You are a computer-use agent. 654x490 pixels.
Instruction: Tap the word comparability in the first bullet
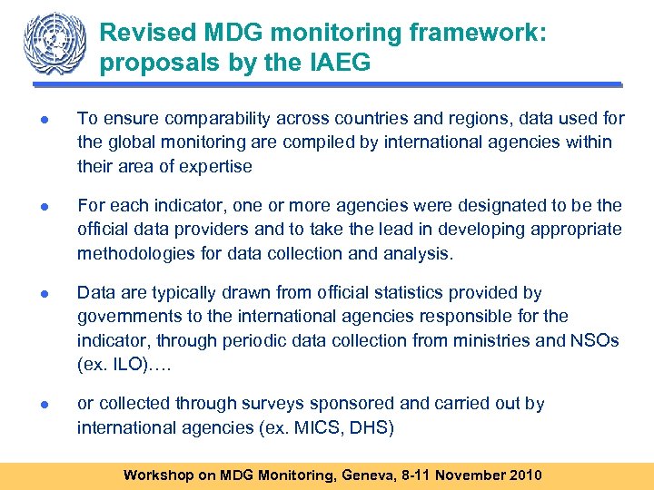[x=239, y=118]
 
